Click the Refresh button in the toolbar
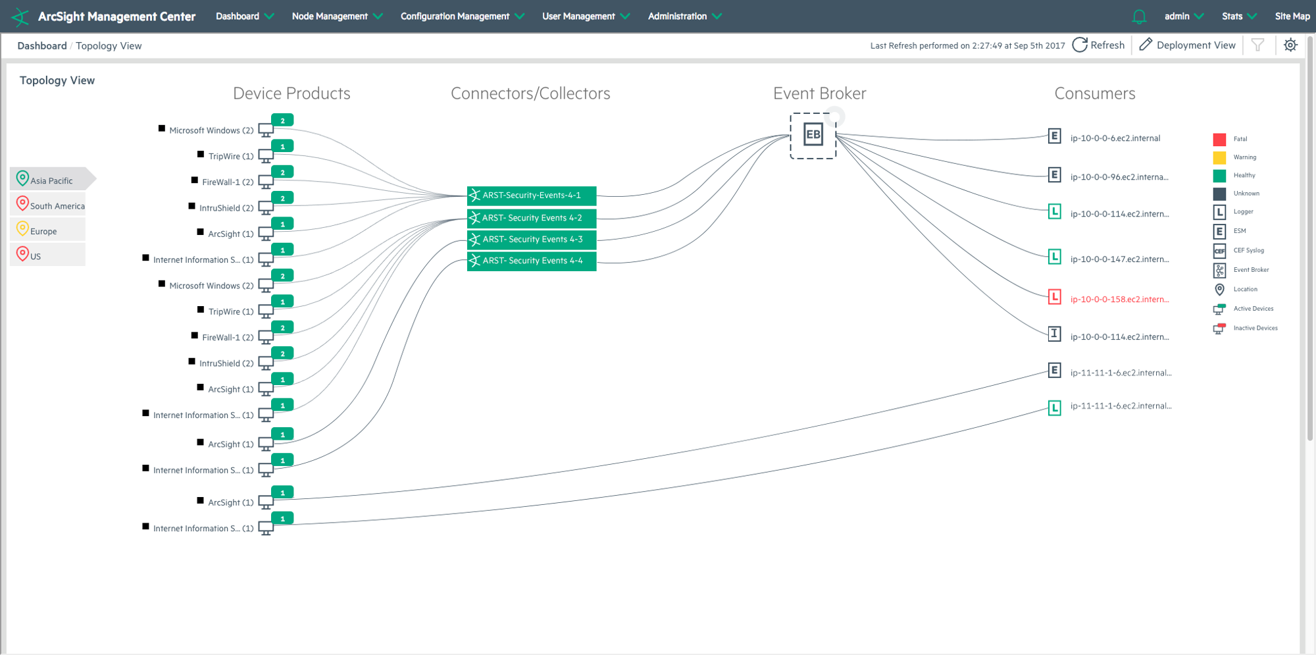click(x=1098, y=45)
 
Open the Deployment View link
click(x=1187, y=45)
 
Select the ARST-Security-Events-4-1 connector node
click(x=532, y=196)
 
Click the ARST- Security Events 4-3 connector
click(x=532, y=240)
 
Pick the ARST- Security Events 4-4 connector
click(x=532, y=261)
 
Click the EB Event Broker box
click(x=813, y=135)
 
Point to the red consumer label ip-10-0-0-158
click(x=1119, y=300)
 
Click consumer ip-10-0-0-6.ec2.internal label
click(x=1115, y=138)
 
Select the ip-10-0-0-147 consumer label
click(x=1119, y=259)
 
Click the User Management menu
click(x=586, y=16)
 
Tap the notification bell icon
click(x=1139, y=17)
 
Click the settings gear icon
click(x=1290, y=45)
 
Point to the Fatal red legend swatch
click(x=1219, y=139)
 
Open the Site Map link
click(x=1292, y=16)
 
